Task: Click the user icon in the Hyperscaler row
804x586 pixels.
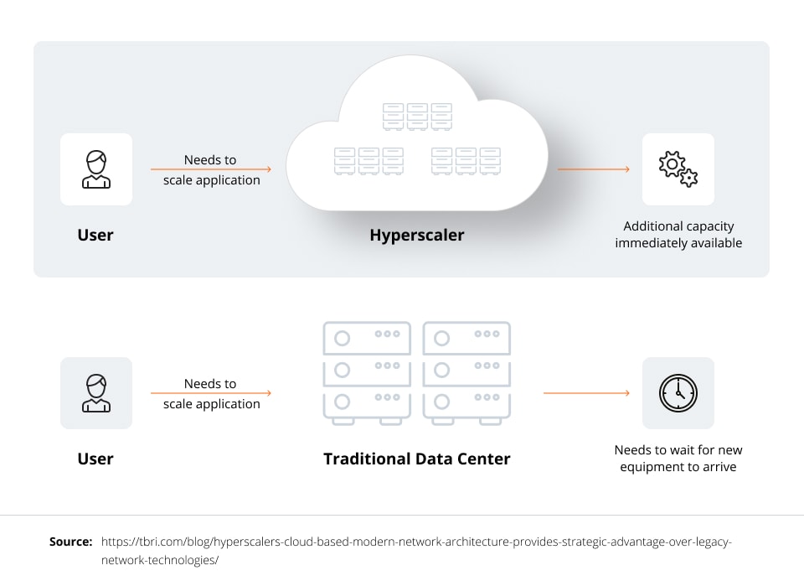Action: click(x=95, y=169)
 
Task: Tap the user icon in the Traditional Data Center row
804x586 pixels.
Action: click(x=95, y=393)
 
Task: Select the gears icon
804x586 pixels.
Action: click(x=678, y=169)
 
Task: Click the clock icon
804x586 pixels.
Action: click(x=678, y=393)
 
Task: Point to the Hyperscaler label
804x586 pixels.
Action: click(x=416, y=235)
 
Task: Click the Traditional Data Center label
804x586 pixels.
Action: click(x=416, y=459)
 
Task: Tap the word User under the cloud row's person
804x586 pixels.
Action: click(x=95, y=235)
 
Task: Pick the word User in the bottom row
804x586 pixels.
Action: click(x=95, y=459)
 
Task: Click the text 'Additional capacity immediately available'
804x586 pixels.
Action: click(x=678, y=235)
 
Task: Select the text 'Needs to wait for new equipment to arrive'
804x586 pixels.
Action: click(x=678, y=459)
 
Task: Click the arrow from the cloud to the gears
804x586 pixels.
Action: click(x=593, y=169)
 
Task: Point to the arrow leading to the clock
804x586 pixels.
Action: click(x=586, y=393)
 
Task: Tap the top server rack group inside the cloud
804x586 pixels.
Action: click(x=417, y=117)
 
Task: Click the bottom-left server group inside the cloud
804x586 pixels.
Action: click(x=368, y=161)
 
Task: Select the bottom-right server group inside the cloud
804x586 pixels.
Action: click(x=466, y=161)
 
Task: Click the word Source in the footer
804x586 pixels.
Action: click(x=70, y=542)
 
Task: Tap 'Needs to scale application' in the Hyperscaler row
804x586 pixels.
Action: click(x=211, y=169)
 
